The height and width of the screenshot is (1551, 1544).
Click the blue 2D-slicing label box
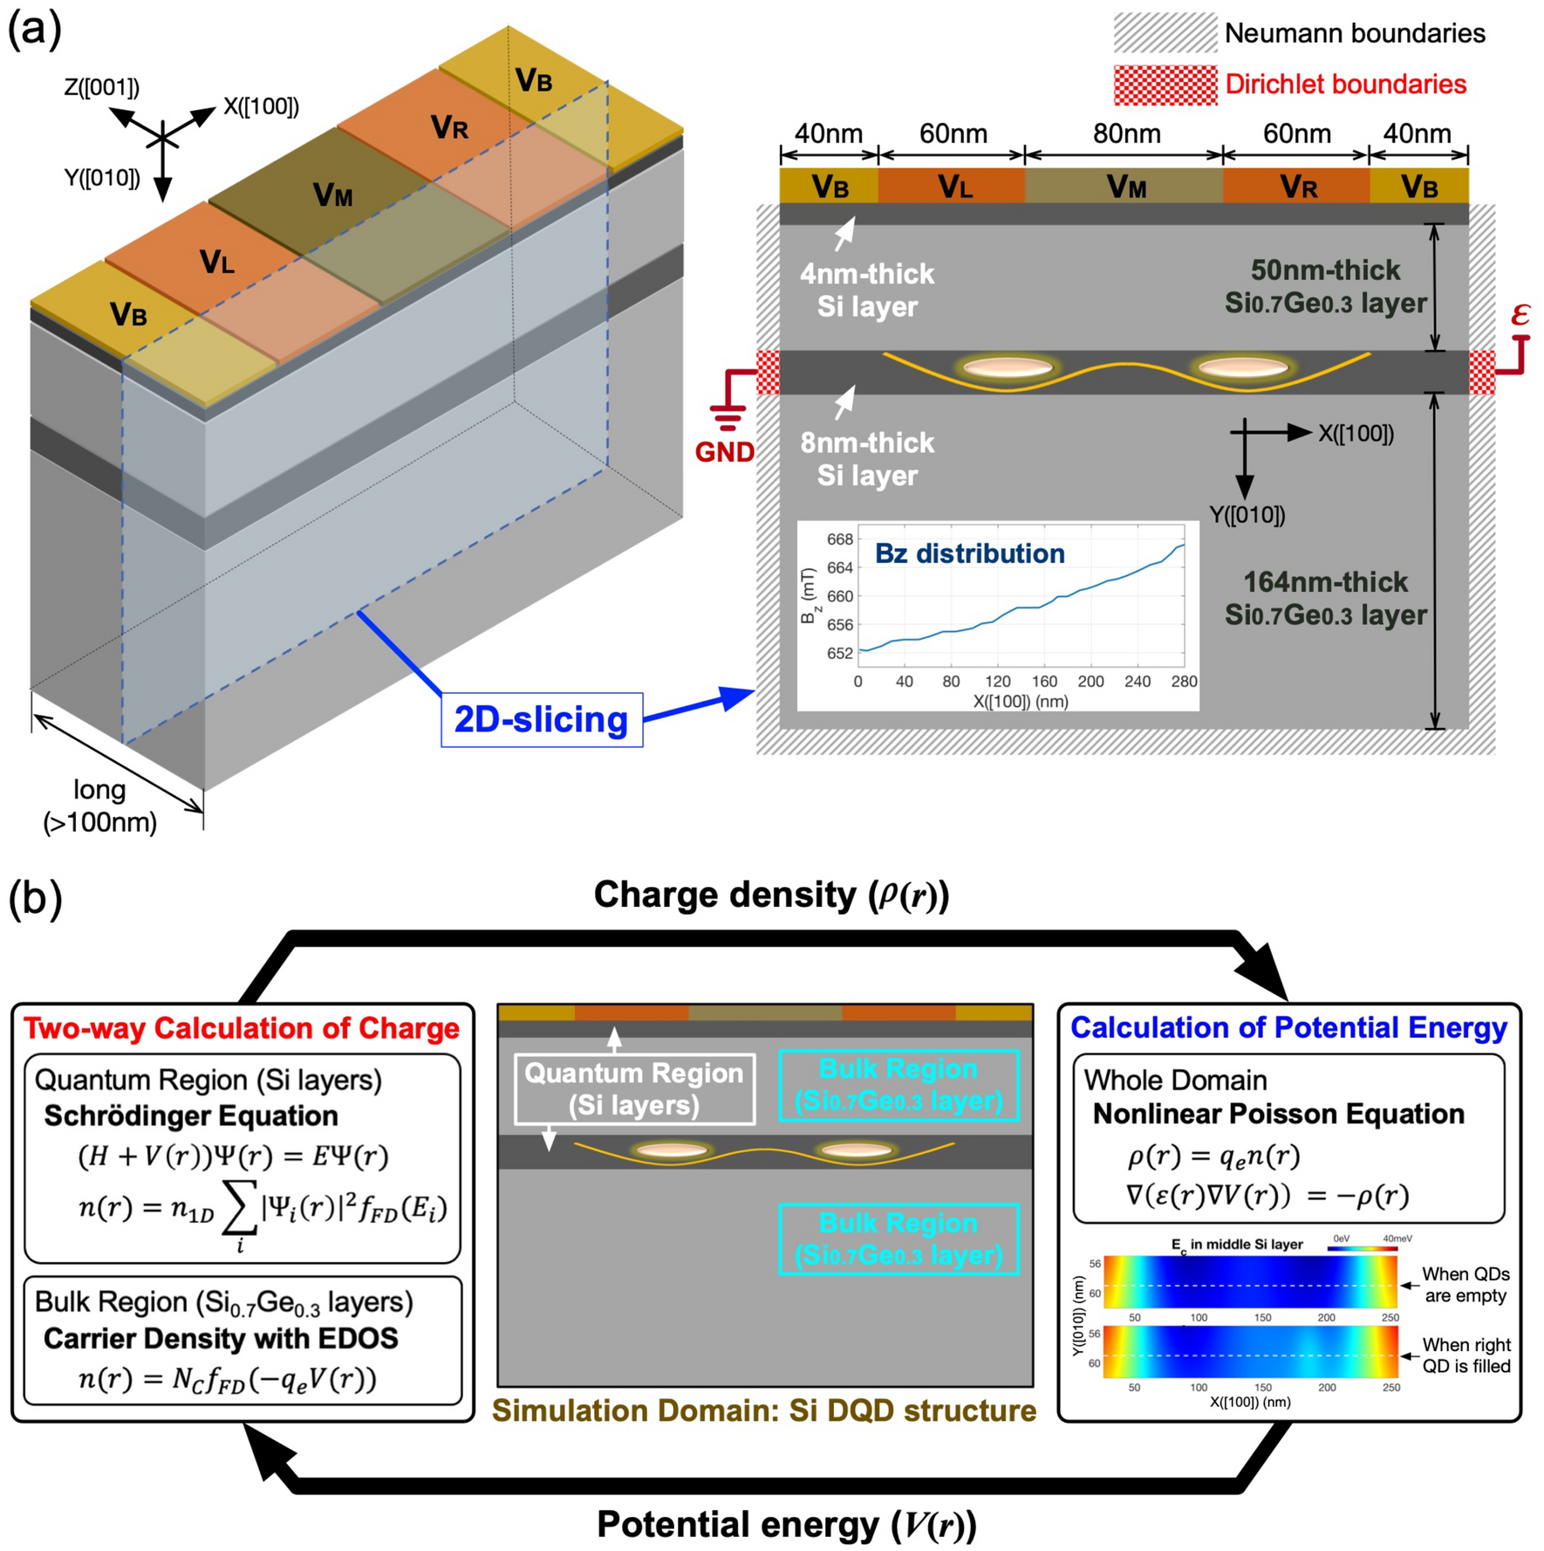pyautogui.click(x=542, y=719)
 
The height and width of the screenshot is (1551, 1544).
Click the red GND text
pyautogui.click(x=724, y=452)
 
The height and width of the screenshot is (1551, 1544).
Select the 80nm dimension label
pyautogui.click(x=1126, y=134)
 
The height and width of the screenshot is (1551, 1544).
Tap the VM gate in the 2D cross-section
pyautogui.click(x=1125, y=186)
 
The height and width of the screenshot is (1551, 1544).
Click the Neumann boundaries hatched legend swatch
pyautogui.click(x=1165, y=33)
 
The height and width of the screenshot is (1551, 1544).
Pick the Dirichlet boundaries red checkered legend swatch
pyautogui.click(x=1165, y=85)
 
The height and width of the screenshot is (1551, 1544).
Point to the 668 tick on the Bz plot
pyautogui.click(x=839, y=539)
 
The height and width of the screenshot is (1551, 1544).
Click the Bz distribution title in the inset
pyautogui.click(x=969, y=553)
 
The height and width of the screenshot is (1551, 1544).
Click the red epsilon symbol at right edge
pyautogui.click(x=1520, y=314)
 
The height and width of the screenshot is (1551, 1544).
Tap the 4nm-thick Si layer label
pyautogui.click(x=866, y=290)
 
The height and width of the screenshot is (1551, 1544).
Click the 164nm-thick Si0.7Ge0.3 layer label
pyautogui.click(x=1325, y=598)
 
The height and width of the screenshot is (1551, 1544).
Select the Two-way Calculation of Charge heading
pyautogui.click(x=242, y=1027)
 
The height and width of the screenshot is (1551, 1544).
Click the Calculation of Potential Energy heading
pyautogui.click(x=1288, y=1027)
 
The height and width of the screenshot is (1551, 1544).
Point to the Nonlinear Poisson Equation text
pyautogui.click(x=1278, y=1114)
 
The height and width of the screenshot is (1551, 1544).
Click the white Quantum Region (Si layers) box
pyautogui.click(x=634, y=1088)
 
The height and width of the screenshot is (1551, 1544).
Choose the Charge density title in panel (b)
pyautogui.click(x=771, y=895)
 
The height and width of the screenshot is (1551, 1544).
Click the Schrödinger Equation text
pyautogui.click(x=191, y=1115)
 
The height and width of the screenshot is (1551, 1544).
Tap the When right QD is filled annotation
pyautogui.click(x=1465, y=1355)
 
